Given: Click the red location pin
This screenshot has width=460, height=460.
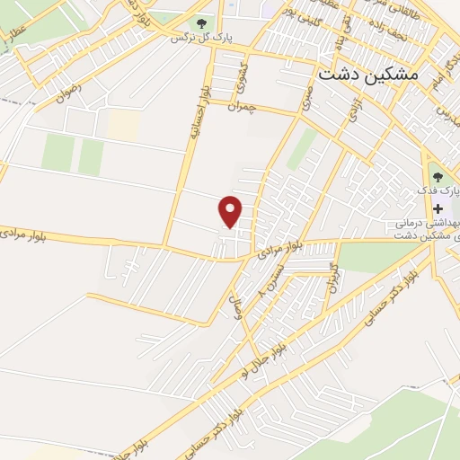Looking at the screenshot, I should pos(231,211).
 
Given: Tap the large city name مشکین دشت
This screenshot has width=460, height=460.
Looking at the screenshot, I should pos(368,76).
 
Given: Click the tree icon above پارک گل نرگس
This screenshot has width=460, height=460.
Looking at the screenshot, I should pos(199,23).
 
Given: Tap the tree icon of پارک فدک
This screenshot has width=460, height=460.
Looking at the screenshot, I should pos(438,176).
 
